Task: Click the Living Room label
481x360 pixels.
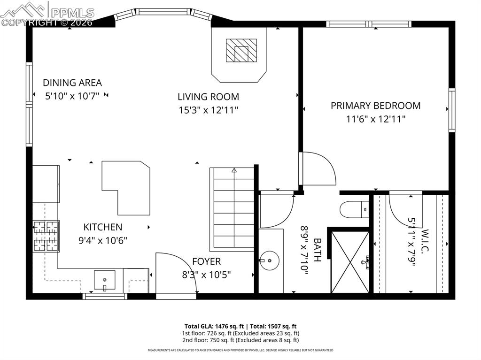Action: pyautogui.click(x=208, y=97)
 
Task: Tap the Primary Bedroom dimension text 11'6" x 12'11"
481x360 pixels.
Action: pyautogui.click(x=375, y=119)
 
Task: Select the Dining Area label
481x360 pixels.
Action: pyautogui.click(x=72, y=83)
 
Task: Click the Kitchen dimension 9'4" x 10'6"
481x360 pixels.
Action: pyautogui.click(x=103, y=240)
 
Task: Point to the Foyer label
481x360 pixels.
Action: pyautogui.click(x=206, y=261)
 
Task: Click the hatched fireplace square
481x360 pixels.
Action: pyautogui.click(x=241, y=50)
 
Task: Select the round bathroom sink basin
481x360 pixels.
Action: pyautogui.click(x=269, y=259)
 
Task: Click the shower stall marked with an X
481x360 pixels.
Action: pyautogui.click(x=349, y=261)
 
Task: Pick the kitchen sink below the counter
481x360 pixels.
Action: pyautogui.click(x=104, y=281)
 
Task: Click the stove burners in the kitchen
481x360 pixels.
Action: pyautogui.click(x=46, y=236)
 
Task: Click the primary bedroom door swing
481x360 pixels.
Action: pyautogui.click(x=318, y=169)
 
